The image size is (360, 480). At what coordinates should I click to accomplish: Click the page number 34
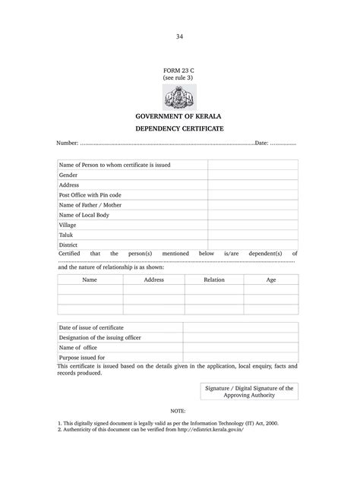click(x=179, y=36)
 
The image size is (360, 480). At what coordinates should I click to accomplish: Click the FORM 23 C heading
click(x=179, y=70)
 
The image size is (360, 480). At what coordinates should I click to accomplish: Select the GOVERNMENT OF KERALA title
click(x=179, y=116)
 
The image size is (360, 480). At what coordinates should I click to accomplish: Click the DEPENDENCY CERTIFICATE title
click(x=179, y=130)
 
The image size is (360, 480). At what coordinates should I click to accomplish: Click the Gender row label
click(x=68, y=175)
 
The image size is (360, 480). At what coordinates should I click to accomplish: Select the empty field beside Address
click(x=252, y=185)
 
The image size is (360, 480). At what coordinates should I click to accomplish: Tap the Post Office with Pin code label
click(x=90, y=195)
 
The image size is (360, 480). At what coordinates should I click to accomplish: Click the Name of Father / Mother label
click(x=90, y=205)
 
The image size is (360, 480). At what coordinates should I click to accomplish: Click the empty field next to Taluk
click(x=252, y=235)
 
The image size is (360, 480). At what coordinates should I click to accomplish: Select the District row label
click(x=69, y=245)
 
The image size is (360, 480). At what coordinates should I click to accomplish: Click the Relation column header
click(x=213, y=279)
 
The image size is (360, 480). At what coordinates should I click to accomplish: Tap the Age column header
click(x=270, y=279)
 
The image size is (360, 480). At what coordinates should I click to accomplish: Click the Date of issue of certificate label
click(x=91, y=327)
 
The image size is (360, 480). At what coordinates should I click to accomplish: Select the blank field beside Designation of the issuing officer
click(x=239, y=337)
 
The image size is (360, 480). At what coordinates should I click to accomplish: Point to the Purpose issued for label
click(x=82, y=357)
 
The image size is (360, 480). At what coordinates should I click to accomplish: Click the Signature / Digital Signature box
click(x=248, y=391)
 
